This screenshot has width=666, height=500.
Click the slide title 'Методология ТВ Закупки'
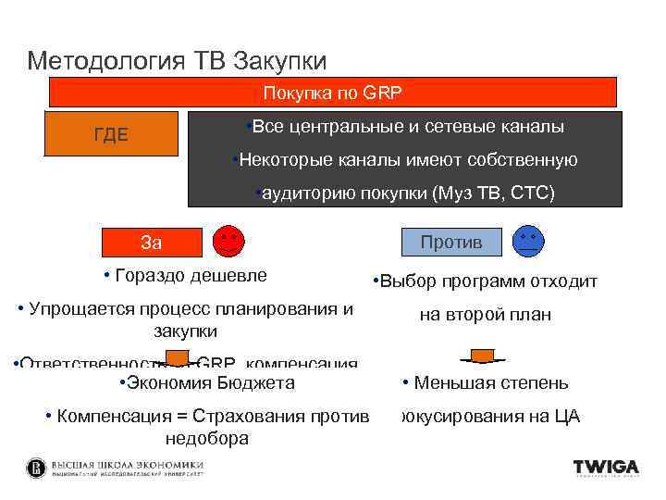coord(177,61)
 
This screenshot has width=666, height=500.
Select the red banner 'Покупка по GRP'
coord(332,93)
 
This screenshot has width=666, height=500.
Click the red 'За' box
coord(151,243)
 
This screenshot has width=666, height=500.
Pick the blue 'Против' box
coord(451,242)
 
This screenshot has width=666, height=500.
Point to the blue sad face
coord(529,242)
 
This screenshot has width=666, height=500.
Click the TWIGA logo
coord(606,468)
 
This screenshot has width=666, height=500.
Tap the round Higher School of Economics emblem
coord(36,468)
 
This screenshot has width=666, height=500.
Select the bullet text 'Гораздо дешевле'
coord(191,275)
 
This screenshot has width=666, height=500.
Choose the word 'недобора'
coord(206,438)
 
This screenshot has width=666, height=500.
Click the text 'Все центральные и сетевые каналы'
coord(408,126)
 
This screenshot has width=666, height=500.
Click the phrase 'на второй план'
coord(485,315)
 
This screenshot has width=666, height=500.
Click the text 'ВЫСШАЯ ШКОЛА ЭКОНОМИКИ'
coord(128,464)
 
